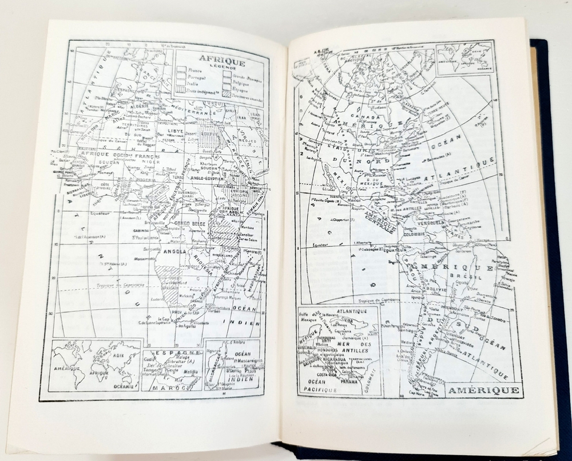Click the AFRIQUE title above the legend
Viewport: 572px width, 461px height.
click(x=222, y=62)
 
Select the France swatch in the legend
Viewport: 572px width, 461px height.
click(x=181, y=70)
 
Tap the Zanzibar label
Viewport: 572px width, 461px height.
click(x=247, y=234)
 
